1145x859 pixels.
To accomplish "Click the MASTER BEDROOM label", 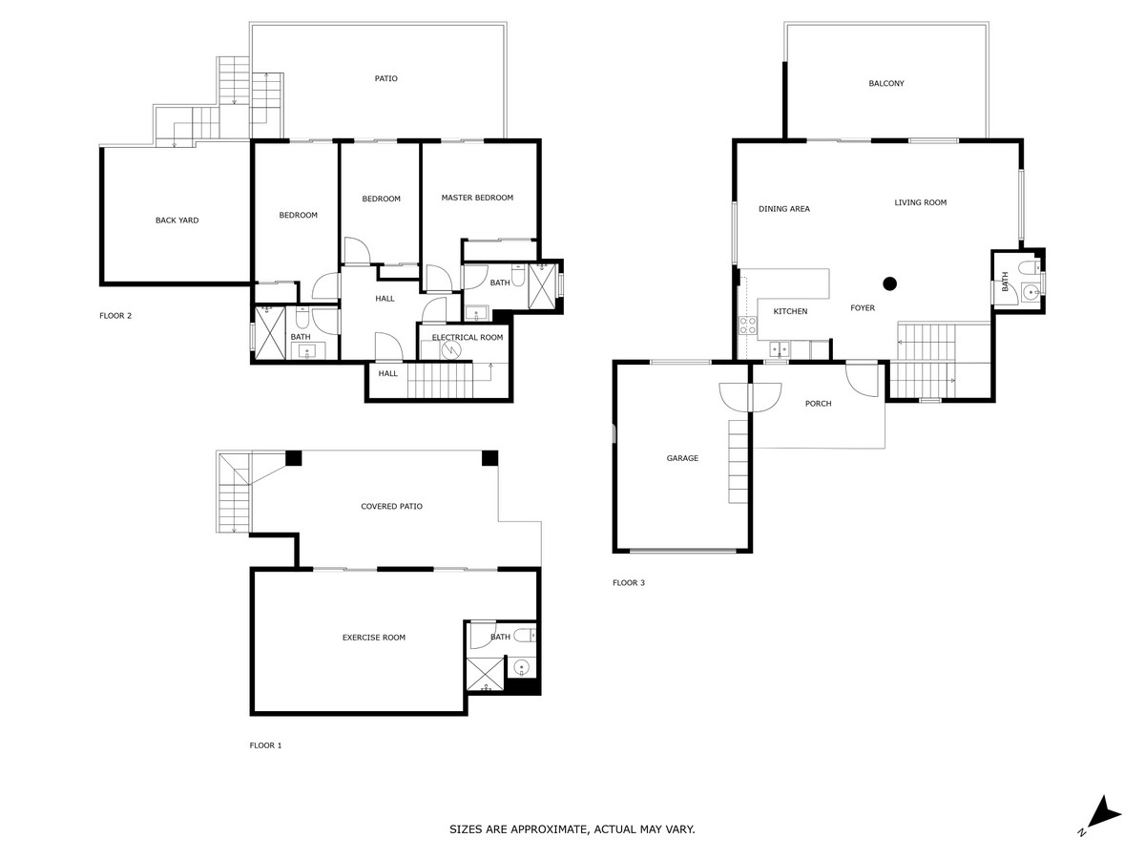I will tap(477, 198).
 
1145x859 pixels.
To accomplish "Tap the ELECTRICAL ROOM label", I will tap(467, 337).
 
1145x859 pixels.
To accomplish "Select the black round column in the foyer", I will tap(890, 283).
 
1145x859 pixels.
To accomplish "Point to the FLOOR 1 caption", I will tap(265, 745).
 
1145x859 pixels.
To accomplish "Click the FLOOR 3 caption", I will tap(629, 582).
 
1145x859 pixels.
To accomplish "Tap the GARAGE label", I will tap(682, 458).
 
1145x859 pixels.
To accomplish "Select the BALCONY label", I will tap(886, 83).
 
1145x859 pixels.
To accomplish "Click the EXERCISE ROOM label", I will tap(374, 637).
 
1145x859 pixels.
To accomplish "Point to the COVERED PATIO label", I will tap(391, 506).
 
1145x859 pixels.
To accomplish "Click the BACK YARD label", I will tap(177, 220).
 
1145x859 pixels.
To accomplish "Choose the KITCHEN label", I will tap(790, 311).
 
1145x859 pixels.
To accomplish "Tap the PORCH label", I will tap(818, 404).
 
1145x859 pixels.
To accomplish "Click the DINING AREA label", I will tap(784, 208).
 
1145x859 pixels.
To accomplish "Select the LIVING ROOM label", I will tap(920, 202).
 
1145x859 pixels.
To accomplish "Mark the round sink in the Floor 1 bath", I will tap(521, 667).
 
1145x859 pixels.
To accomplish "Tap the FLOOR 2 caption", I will tap(115, 315).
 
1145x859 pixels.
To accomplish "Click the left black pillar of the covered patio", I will tap(294, 458).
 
